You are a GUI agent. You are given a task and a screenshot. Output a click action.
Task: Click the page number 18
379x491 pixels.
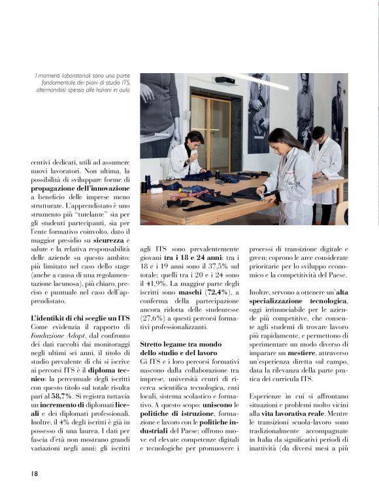click(x=35, y=472)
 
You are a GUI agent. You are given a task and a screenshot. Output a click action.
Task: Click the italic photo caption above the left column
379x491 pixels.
click(x=82, y=83)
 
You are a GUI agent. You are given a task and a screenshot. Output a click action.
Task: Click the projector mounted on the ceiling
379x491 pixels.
click(x=224, y=80)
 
